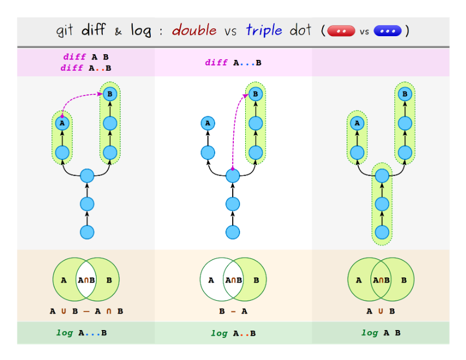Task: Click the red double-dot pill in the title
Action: [342, 31]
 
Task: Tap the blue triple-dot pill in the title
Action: [387, 31]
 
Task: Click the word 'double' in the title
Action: [194, 30]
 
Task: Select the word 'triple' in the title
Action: [264, 30]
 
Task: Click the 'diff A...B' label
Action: [233, 63]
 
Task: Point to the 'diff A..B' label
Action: [86, 68]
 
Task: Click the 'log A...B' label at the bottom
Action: [81, 333]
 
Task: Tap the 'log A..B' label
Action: [233, 333]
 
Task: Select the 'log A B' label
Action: [381, 333]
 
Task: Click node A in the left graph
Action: [62, 123]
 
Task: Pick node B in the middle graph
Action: [255, 94]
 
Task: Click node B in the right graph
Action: [403, 94]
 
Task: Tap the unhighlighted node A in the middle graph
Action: [207, 123]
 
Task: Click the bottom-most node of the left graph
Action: [86, 232]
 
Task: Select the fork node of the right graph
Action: [382, 176]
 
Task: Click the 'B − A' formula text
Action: [233, 311]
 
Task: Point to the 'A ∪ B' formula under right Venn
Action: [381, 311]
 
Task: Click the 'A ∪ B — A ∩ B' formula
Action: [86, 311]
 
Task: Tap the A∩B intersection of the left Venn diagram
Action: [86, 280]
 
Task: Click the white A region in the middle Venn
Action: [211, 280]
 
